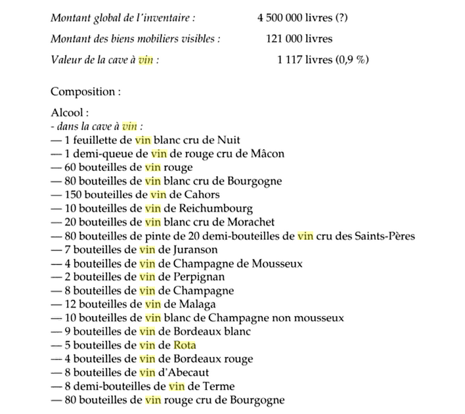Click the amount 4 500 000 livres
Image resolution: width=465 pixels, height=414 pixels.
(x=294, y=18)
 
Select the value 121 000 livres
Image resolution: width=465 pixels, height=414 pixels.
(x=299, y=39)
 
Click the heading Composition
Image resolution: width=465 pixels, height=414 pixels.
(x=85, y=91)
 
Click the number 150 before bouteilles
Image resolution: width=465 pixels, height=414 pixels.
(x=74, y=195)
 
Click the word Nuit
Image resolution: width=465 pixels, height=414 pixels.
(x=230, y=139)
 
